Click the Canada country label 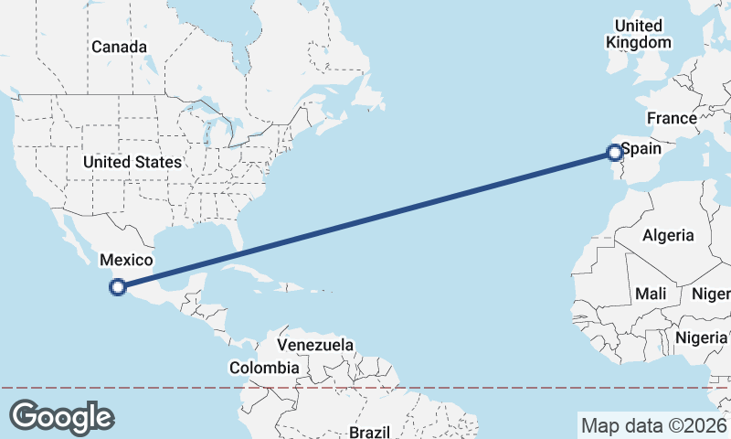pyautogui.click(x=119, y=47)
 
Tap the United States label pyautogui.click(x=132, y=162)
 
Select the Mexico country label pyautogui.click(x=126, y=261)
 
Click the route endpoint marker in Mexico pyautogui.click(x=117, y=287)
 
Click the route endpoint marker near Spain pyautogui.click(x=615, y=153)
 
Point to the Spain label pyautogui.click(x=641, y=146)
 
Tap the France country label pyautogui.click(x=672, y=118)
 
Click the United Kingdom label pyautogui.click(x=639, y=34)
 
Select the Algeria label pyautogui.click(x=668, y=235)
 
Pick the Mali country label pyautogui.click(x=651, y=294)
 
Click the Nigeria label pyautogui.click(x=702, y=337)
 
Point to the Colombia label pyautogui.click(x=264, y=368)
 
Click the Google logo pyautogui.click(x=61, y=417)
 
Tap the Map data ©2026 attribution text pyautogui.click(x=653, y=425)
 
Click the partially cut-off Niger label pyautogui.click(x=713, y=294)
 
